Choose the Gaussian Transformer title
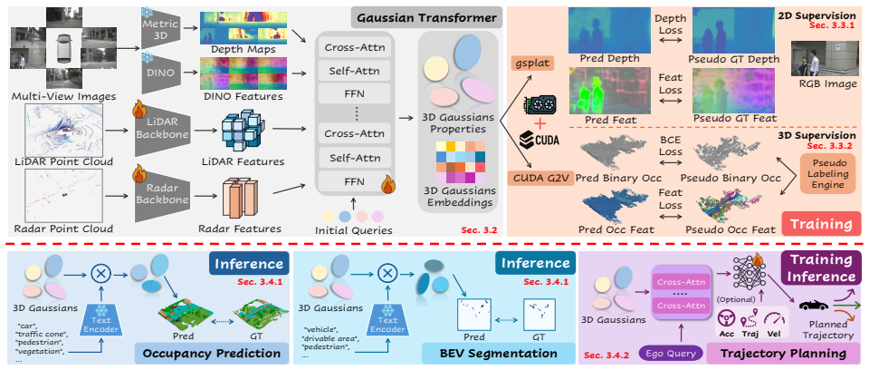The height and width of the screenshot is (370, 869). [x=426, y=18]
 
